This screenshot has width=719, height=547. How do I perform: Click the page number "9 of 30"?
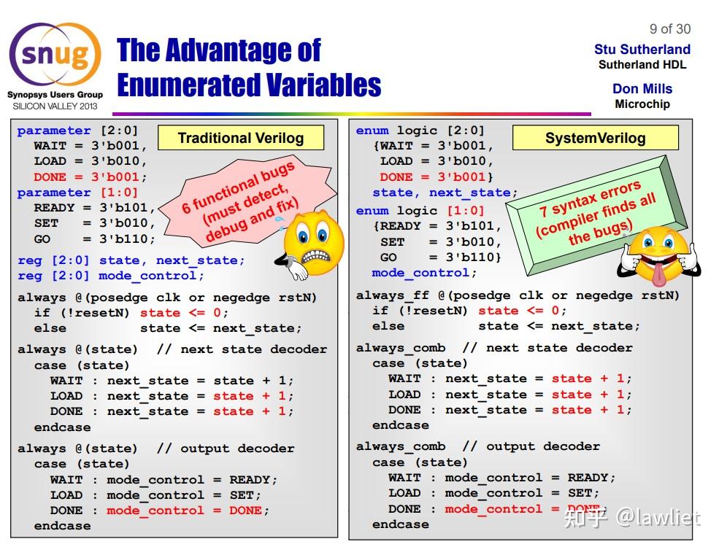point(669,29)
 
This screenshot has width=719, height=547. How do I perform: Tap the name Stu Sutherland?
point(642,50)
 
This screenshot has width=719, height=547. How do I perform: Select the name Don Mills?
point(642,89)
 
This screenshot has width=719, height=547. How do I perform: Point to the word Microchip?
point(642,104)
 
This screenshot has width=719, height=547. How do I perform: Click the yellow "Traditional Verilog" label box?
point(240,138)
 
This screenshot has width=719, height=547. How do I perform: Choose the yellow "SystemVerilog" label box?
point(595,138)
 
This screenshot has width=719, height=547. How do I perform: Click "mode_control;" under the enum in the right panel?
point(424,273)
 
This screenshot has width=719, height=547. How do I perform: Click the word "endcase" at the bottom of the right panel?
point(400,524)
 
